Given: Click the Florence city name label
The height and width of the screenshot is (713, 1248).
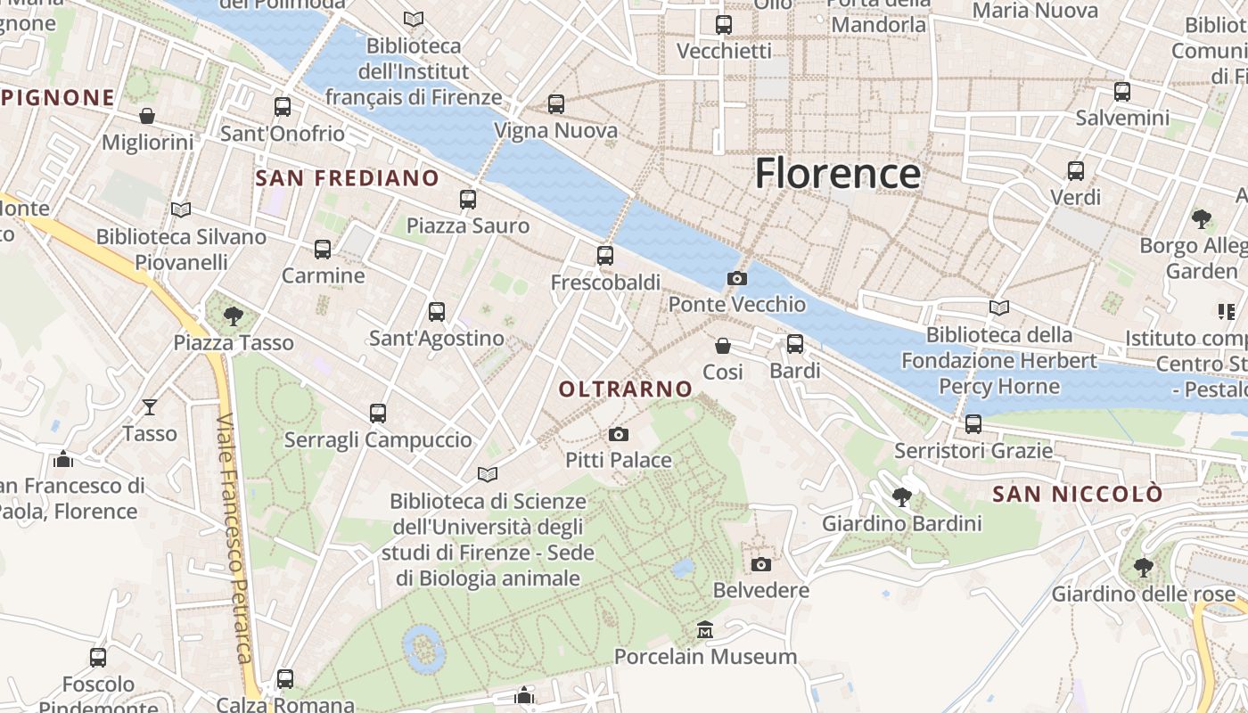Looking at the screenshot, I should tap(837, 173).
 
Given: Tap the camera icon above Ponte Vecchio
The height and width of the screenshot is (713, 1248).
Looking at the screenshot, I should tap(736, 278).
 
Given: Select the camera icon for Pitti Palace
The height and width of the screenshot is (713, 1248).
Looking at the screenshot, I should tap(618, 434).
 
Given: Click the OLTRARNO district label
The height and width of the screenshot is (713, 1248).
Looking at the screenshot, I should tap(625, 389).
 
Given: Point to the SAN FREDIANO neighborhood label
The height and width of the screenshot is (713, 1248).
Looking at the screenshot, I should tap(348, 178).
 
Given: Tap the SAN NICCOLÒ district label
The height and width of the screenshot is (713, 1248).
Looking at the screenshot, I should tap(1078, 494).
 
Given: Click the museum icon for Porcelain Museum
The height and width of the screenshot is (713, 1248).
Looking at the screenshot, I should tap(705, 630).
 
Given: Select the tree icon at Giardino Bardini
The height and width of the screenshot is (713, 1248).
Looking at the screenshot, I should tap(901, 496).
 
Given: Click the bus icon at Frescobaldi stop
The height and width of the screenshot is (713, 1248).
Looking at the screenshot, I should tap(605, 256).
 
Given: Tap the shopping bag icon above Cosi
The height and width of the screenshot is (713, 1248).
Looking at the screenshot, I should tap(723, 345).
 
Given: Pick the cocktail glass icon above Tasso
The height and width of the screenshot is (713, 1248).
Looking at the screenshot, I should tap(150, 407).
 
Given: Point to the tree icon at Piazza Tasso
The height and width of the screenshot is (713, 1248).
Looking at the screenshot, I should tap(234, 316).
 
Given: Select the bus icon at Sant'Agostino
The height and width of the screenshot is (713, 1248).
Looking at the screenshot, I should tap(436, 312).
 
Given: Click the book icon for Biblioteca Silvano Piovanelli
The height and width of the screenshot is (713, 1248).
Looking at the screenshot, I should tap(181, 210).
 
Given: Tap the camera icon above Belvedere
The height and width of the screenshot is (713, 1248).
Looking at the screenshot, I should tap(760, 564).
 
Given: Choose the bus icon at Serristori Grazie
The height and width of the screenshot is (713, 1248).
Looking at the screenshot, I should tap(973, 424).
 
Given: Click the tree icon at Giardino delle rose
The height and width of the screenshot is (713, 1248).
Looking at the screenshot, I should tap(1143, 567).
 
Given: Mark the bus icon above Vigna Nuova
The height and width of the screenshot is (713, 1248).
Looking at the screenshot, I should tap(556, 104).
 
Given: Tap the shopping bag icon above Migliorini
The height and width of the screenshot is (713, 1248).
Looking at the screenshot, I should tap(147, 116).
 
